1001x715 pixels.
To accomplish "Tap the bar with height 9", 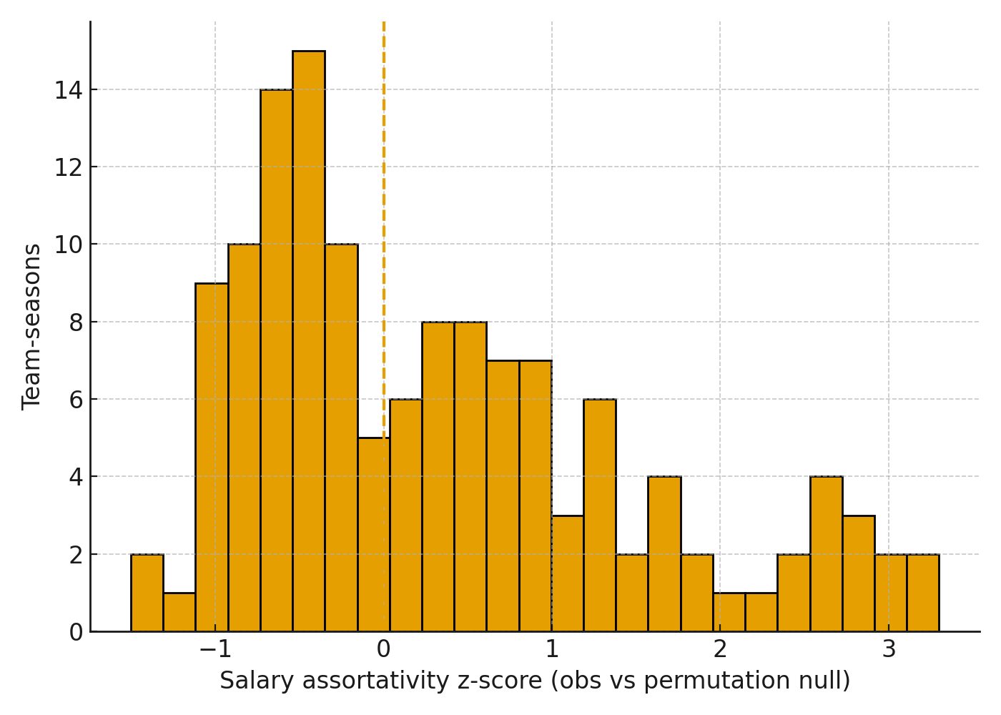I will (x=212, y=458).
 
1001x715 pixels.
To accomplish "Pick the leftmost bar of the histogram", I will (x=147, y=593).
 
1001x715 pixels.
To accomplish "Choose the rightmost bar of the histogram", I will (x=923, y=593).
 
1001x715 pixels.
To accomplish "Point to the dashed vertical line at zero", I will (x=384, y=214).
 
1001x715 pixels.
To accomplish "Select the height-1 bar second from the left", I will (x=179, y=612).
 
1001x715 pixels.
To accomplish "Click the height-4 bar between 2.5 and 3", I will (x=827, y=554).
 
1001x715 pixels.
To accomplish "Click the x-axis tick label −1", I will (x=215, y=649).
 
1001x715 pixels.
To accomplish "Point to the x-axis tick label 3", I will (x=889, y=649).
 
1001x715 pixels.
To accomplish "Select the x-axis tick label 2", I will (x=720, y=649).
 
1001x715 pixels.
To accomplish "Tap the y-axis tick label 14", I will (x=68, y=90).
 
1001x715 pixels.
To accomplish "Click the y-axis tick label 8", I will (x=76, y=322).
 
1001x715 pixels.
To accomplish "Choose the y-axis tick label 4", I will (x=76, y=477).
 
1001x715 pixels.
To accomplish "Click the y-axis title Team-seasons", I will (x=31, y=327).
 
